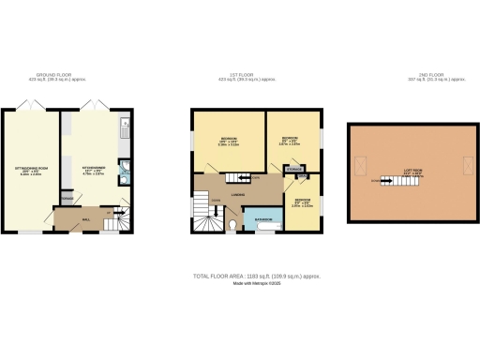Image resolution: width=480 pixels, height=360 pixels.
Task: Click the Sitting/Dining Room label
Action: click(x=31, y=170)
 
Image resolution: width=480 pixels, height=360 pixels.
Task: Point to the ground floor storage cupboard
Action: click(x=66, y=200)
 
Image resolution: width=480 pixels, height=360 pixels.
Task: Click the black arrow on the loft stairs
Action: click(x=379, y=179)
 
